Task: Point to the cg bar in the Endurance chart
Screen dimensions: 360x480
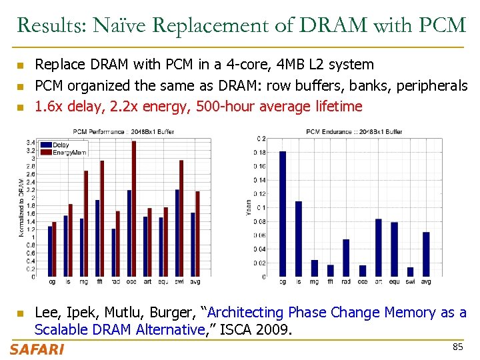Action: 283,213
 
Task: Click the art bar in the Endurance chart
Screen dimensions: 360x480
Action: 378,247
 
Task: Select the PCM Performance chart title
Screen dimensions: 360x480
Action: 123,132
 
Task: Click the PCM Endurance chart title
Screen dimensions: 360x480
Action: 353,132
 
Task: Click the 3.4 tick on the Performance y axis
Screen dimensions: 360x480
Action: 31,143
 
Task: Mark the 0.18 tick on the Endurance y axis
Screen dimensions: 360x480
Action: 259,152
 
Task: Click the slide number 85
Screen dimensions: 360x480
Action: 457,347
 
